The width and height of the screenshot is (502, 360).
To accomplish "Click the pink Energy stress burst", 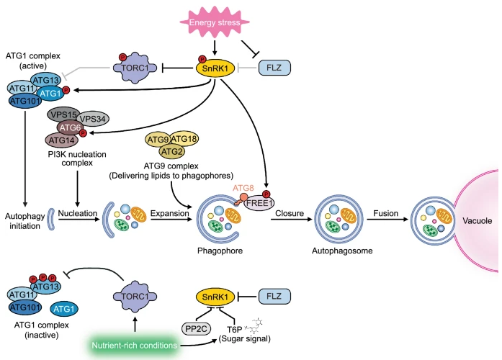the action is (x=215, y=22).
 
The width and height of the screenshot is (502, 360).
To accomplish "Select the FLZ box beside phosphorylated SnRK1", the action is (x=274, y=68).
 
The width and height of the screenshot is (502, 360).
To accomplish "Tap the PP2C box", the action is (x=196, y=328).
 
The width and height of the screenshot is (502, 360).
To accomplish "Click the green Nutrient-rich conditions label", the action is (x=135, y=346).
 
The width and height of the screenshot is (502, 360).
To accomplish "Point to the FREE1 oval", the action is (x=259, y=203).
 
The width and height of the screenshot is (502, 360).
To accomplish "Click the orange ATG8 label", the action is (x=243, y=188).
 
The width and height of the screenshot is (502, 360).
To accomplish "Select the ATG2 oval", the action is (x=172, y=151).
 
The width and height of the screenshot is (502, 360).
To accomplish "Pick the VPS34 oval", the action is (x=93, y=119).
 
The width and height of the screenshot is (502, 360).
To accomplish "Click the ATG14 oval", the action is (x=62, y=140).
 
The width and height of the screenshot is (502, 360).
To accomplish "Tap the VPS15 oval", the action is (x=63, y=114).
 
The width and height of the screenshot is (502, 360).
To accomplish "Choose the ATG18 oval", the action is (x=184, y=139).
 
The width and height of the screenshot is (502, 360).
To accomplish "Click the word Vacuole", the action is (x=477, y=220).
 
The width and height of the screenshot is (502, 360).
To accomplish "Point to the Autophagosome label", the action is (x=342, y=251).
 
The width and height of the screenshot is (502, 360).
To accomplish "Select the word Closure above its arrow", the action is (x=290, y=213).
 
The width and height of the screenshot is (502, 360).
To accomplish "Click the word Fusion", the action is (x=385, y=213).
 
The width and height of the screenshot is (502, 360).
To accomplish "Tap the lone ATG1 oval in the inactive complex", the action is (x=64, y=309).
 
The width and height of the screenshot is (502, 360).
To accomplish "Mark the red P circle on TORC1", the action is (x=122, y=58).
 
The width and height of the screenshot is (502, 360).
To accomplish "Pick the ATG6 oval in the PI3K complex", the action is (x=70, y=127).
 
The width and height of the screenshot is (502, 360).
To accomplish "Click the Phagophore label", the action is (x=220, y=251).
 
